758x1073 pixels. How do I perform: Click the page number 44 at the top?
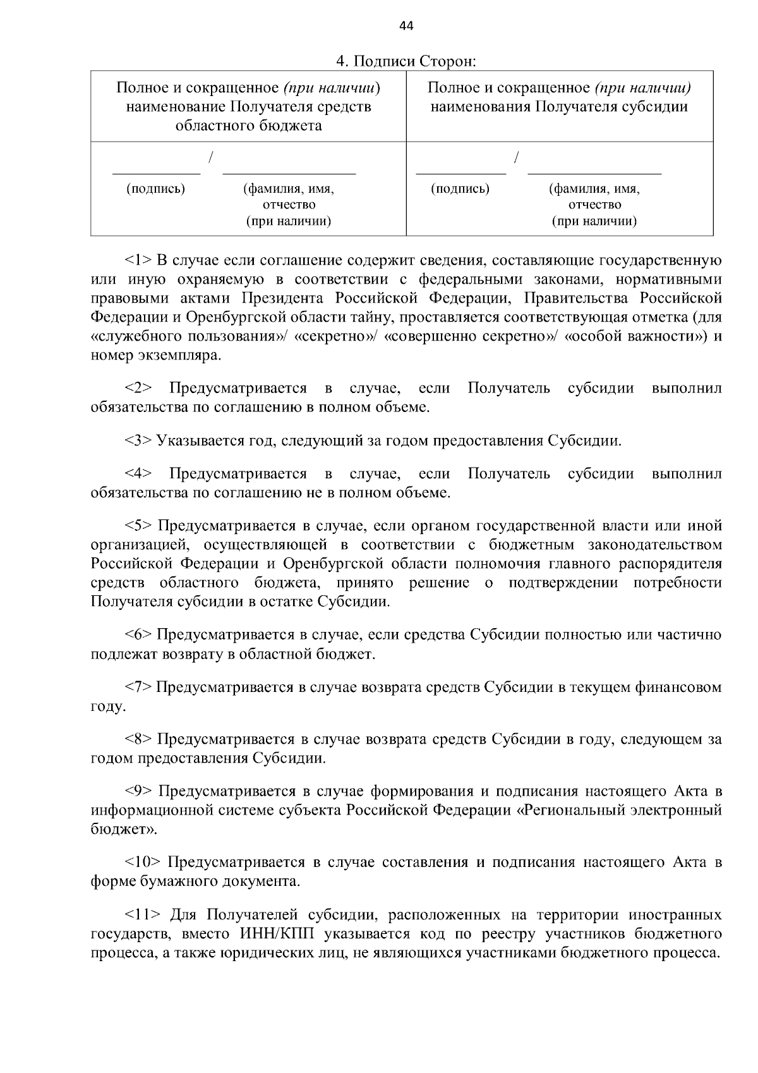(406, 26)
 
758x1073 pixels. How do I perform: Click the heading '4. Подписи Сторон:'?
(406, 62)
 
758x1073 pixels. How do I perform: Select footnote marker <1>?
(138, 260)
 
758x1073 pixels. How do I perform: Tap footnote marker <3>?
(138, 440)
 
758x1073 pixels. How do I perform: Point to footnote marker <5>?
(139, 526)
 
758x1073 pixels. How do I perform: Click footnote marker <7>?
(138, 687)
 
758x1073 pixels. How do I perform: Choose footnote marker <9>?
(139, 791)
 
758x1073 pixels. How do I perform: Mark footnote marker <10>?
(143, 862)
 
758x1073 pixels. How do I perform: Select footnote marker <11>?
(143, 915)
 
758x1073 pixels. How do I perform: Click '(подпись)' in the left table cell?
(156, 189)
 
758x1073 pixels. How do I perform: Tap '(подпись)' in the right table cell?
(460, 189)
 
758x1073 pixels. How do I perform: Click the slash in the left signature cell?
(211, 156)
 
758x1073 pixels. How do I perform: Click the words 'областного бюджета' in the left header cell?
(248, 125)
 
